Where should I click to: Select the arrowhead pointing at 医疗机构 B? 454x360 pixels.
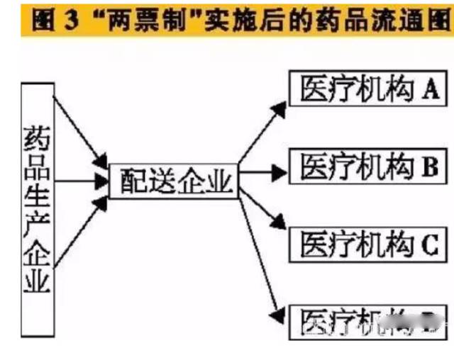click(x=280, y=171)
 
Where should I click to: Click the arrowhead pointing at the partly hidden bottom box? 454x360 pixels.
click(x=280, y=313)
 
